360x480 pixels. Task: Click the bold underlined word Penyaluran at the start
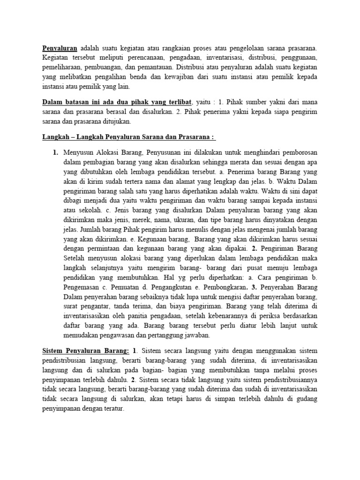60,48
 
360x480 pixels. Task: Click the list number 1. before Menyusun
55,153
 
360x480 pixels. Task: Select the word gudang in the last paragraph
307,399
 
